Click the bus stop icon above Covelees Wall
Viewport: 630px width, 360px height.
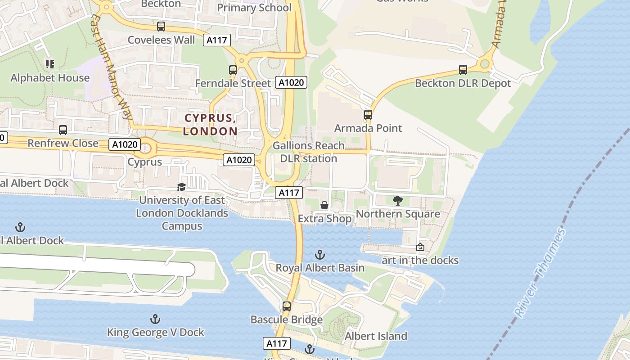pyautogui.click(x=161, y=27)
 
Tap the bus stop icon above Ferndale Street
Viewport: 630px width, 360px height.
pyautogui.click(x=233, y=70)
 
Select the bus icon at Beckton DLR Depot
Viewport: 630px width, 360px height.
pyautogui.click(x=463, y=70)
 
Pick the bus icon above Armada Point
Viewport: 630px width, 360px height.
pyautogui.click(x=368, y=115)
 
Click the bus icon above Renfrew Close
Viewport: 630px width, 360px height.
pyautogui.click(x=63, y=130)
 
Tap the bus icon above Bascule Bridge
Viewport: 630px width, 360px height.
pyautogui.click(x=287, y=306)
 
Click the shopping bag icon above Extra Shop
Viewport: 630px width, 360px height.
pyautogui.click(x=324, y=206)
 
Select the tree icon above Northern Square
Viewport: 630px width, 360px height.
pyautogui.click(x=398, y=201)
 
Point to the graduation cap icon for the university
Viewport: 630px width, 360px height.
pyautogui.click(x=181, y=187)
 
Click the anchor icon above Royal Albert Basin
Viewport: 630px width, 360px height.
pyautogui.click(x=320, y=255)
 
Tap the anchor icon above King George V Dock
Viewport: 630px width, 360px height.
pyautogui.click(x=155, y=319)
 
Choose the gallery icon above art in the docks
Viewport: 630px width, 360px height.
pyautogui.click(x=420, y=247)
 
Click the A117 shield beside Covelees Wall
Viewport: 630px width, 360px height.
pyautogui.click(x=217, y=40)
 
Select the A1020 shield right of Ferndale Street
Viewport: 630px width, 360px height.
pyautogui.click(x=292, y=82)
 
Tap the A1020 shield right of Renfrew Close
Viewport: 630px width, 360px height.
pyautogui.click(x=125, y=144)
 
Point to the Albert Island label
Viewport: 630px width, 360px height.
pyautogui.click(x=376, y=336)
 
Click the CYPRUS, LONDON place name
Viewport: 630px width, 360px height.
pyautogui.click(x=211, y=125)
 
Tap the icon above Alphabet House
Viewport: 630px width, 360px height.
pyautogui.click(x=50, y=64)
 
